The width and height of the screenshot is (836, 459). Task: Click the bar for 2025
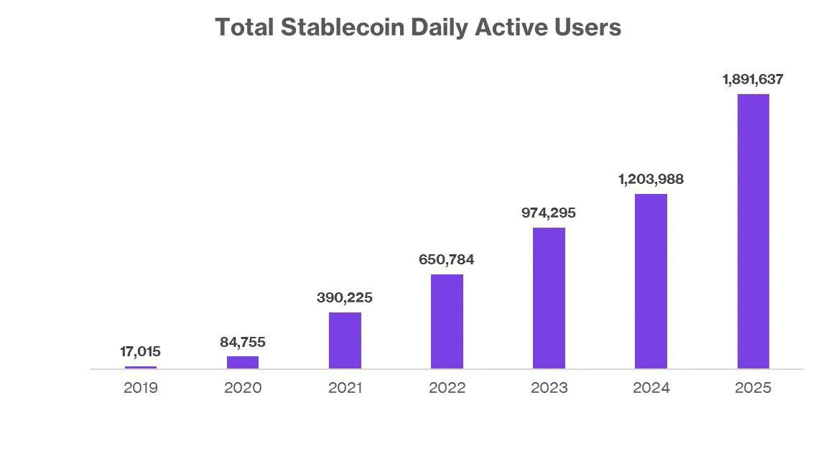click(x=753, y=231)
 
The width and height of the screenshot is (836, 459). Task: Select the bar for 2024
click(x=651, y=281)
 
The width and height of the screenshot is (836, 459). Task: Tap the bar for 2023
click(x=549, y=298)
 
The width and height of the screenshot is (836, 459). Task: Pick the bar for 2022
click(x=447, y=321)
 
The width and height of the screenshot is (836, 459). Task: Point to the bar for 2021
click(x=345, y=340)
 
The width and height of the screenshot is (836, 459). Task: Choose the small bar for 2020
click(x=243, y=362)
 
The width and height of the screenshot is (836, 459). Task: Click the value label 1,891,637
click(x=753, y=80)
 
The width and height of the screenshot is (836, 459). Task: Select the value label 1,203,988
click(x=651, y=180)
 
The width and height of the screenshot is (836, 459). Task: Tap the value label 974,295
click(x=549, y=213)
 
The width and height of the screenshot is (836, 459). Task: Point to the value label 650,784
click(x=447, y=260)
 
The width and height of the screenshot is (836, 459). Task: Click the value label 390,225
click(x=345, y=298)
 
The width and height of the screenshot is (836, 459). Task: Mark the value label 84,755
click(x=243, y=343)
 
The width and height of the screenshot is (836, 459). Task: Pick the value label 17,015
click(x=141, y=352)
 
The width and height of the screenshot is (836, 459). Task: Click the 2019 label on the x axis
click(x=141, y=388)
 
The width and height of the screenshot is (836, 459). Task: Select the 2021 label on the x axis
click(x=345, y=388)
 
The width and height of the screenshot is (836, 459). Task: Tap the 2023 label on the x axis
click(x=549, y=388)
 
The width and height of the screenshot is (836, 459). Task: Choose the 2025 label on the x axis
click(x=753, y=388)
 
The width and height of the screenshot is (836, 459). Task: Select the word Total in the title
click(x=244, y=27)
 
